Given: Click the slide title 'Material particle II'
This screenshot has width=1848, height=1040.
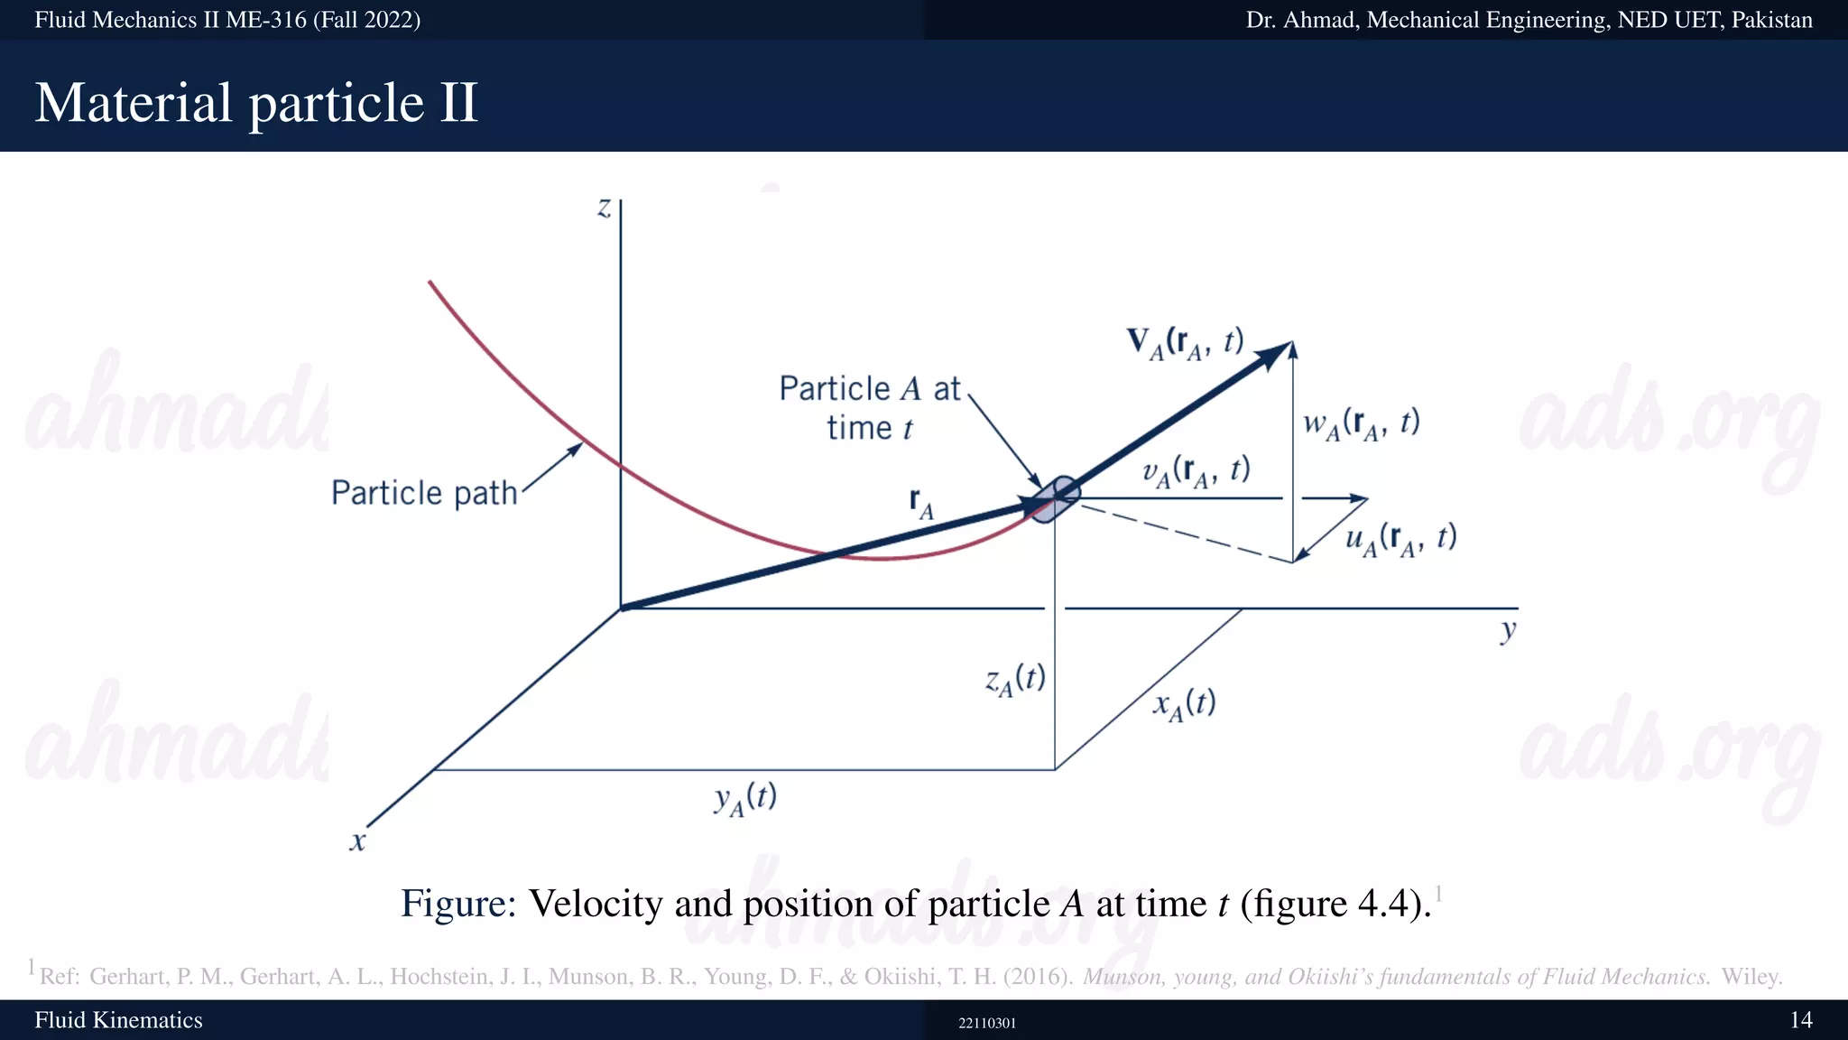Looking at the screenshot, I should point(256,102).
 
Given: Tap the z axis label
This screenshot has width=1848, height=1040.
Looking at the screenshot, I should point(604,209).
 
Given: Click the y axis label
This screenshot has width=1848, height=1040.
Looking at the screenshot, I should point(1508,629).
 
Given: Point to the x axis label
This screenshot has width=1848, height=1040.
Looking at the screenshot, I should point(358,841).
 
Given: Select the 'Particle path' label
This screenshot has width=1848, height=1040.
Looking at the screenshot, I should point(424,493).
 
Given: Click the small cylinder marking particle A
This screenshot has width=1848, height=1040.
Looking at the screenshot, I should point(1055,499).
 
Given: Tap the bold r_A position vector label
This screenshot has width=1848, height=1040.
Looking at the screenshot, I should point(921,503).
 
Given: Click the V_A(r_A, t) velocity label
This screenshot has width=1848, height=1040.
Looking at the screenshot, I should point(1185,343).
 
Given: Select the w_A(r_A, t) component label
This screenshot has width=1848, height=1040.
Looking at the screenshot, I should point(1361,424).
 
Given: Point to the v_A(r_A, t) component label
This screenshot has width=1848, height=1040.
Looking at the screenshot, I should point(1196,471).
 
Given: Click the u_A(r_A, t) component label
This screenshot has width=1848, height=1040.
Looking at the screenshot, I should point(1400,539).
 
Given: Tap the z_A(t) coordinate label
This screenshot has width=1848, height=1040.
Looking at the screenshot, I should point(1015,680).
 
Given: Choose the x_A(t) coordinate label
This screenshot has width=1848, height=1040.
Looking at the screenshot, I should point(1184,704).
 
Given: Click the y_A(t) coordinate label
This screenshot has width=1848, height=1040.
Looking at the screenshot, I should point(745,799).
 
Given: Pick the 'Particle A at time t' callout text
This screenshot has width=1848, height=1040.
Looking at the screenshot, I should point(870,408).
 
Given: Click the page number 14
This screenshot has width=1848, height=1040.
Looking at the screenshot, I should point(1801,1020).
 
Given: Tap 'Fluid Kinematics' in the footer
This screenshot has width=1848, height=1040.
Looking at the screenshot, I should point(118,1020).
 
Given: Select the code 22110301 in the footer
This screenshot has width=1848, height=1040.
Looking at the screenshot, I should point(987,1023).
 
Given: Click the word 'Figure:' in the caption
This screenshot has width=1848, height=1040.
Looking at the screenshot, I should point(458,904).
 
